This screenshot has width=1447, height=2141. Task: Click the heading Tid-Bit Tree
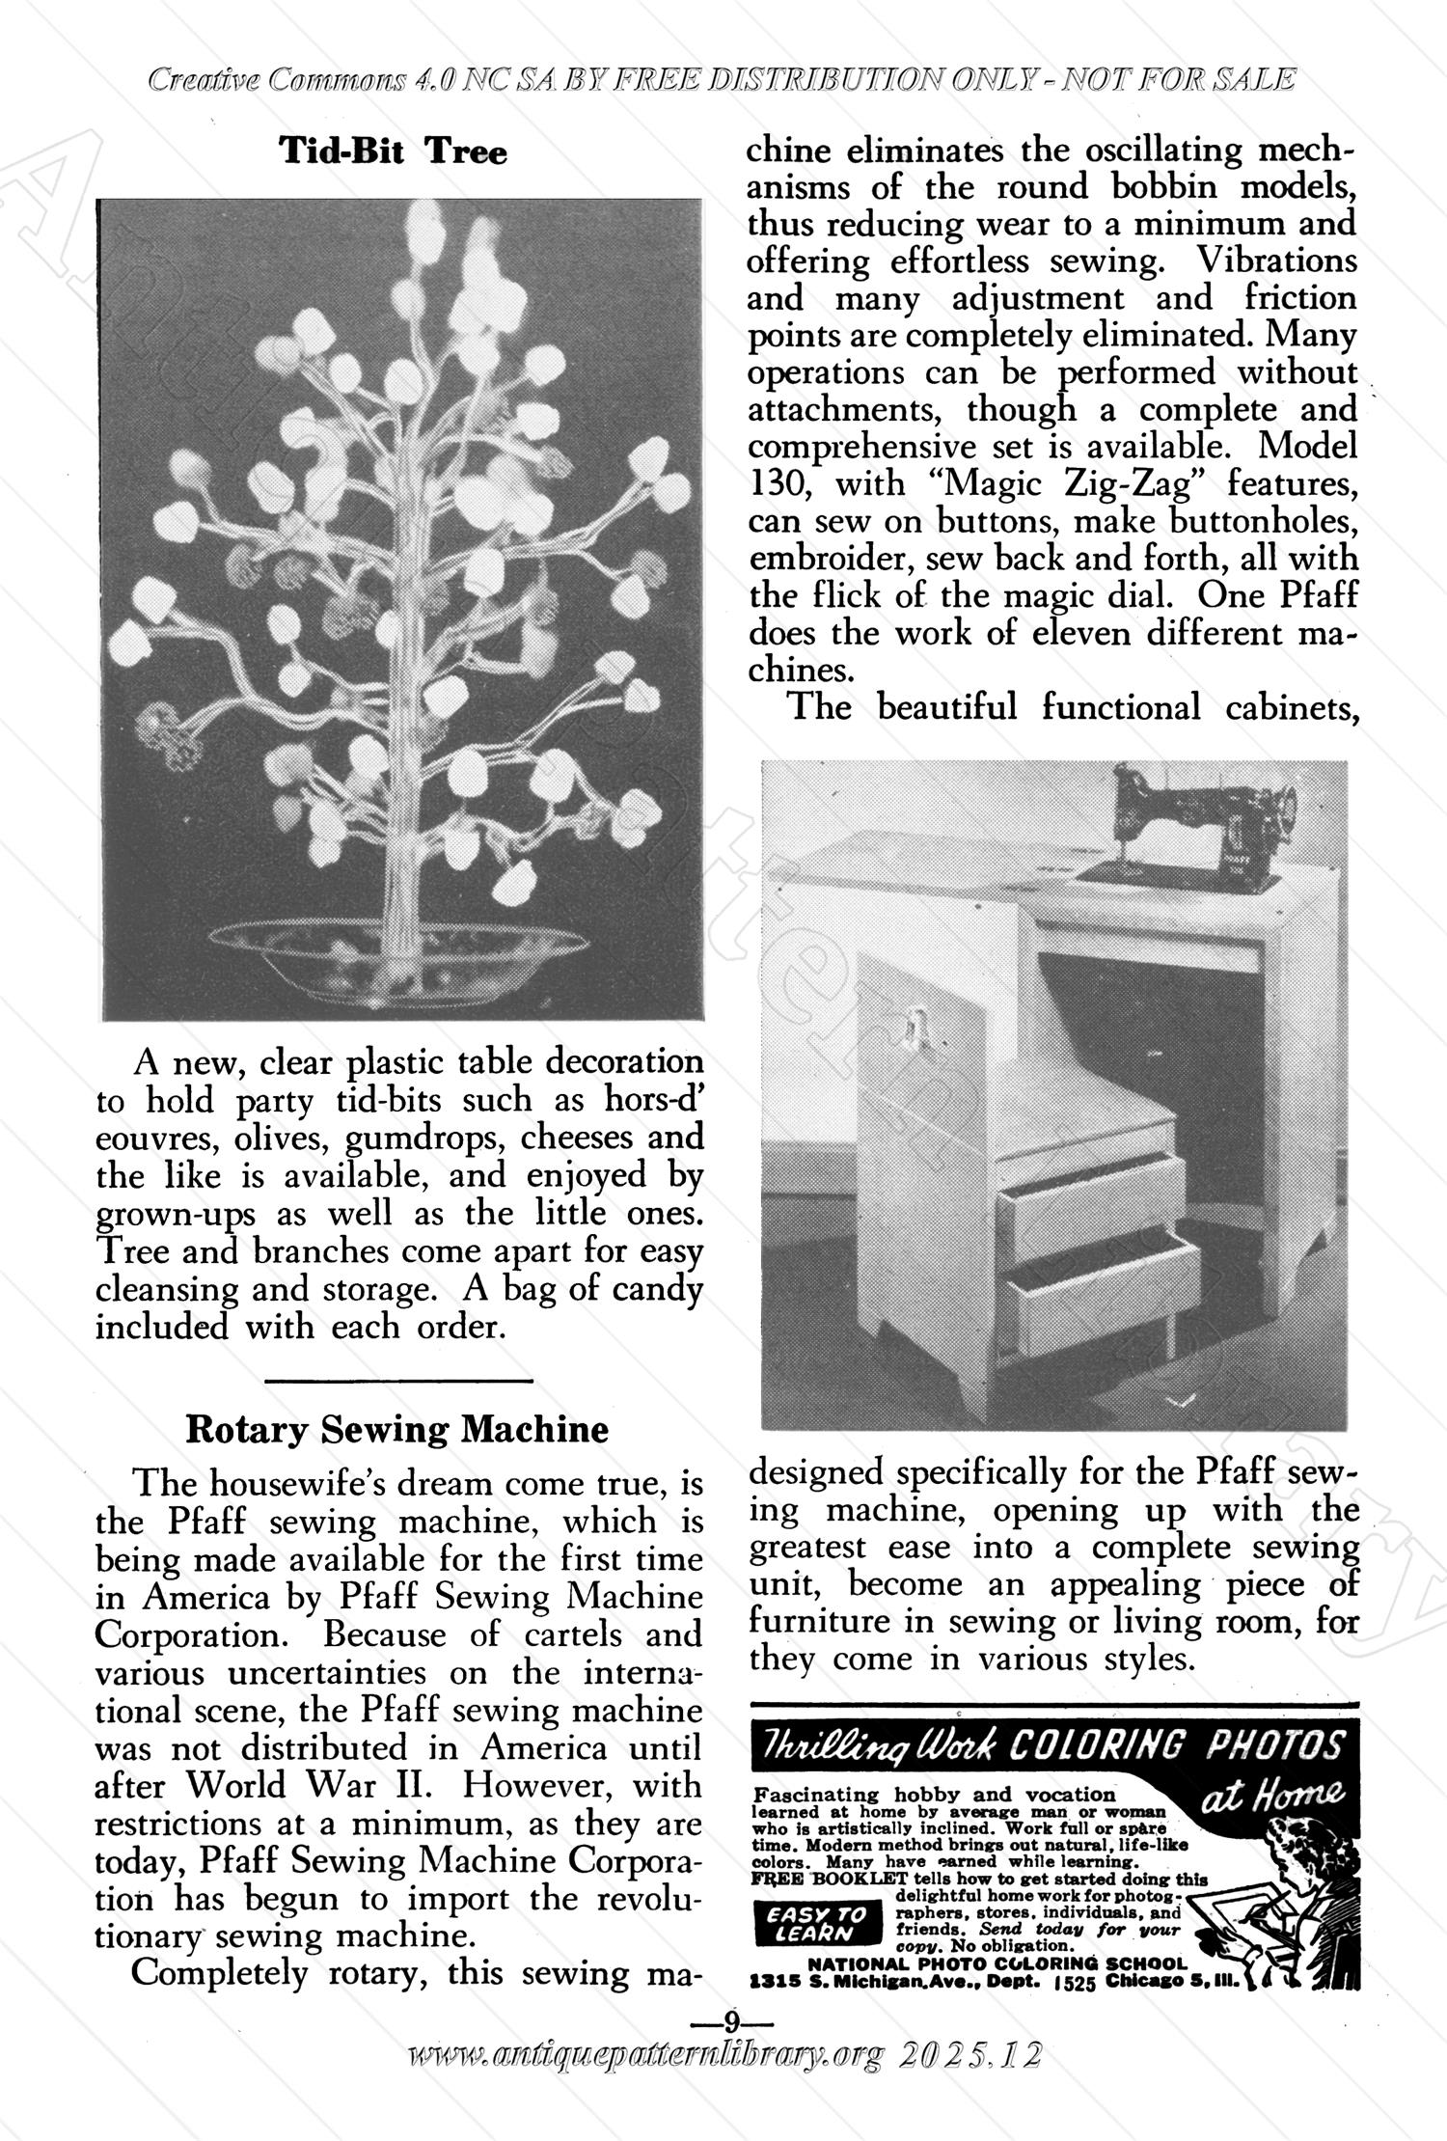coord(393,151)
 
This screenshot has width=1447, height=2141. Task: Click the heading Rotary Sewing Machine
coord(396,1429)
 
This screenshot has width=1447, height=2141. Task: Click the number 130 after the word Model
coord(779,483)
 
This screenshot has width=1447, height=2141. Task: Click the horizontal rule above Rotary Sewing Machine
coord(397,1383)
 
